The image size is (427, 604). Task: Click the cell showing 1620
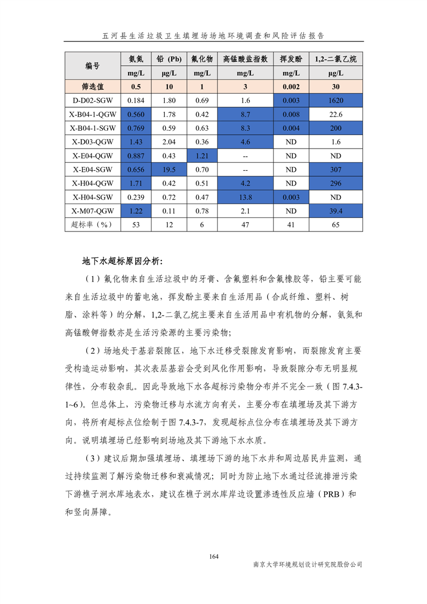[336, 100]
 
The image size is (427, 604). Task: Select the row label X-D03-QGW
[93, 142]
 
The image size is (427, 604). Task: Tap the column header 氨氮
[136, 59]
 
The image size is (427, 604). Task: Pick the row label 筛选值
[93, 86]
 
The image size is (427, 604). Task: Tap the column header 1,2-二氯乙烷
[336, 59]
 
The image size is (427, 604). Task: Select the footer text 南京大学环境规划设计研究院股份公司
[307, 565]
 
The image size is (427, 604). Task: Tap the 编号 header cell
[93, 66]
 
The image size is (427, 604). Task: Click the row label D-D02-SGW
[93, 100]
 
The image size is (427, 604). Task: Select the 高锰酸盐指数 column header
[245, 59]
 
